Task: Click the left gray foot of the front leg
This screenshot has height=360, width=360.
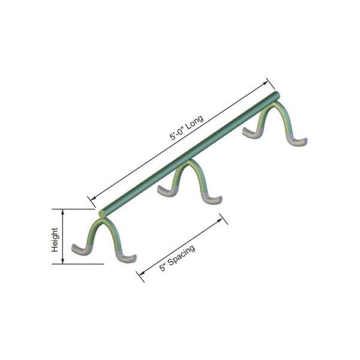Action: (x=78, y=248)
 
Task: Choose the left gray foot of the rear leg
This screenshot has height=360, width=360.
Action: (x=250, y=133)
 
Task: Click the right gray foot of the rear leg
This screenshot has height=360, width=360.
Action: (x=298, y=142)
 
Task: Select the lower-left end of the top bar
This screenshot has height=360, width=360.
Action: (x=102, y=212)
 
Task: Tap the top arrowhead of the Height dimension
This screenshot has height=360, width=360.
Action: (x=62, y=211)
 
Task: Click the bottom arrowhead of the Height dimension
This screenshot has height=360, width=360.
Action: (x=62, y=262)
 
